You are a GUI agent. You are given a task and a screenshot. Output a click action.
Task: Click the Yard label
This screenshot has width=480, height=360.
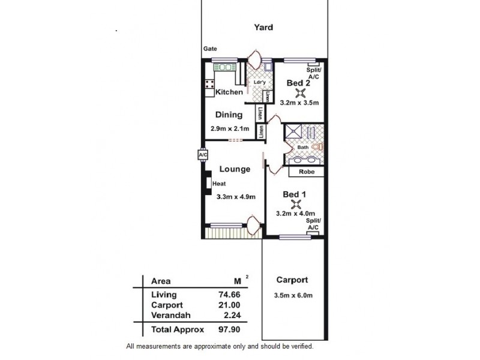263,27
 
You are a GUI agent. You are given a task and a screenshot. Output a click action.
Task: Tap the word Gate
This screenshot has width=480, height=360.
210,49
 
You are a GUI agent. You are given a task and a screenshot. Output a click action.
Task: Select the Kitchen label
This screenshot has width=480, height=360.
229,92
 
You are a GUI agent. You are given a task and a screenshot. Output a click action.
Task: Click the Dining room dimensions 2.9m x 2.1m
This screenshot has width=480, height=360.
228,128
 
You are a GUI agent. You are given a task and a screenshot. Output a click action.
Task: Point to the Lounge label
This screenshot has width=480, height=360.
234,169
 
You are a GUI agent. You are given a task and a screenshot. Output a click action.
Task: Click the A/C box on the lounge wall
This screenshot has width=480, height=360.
202,155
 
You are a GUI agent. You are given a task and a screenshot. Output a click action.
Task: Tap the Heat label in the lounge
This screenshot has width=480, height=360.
218,184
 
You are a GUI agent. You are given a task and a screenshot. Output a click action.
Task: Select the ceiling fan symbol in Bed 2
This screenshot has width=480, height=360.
301,92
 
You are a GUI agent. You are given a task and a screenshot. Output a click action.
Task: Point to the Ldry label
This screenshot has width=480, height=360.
260,83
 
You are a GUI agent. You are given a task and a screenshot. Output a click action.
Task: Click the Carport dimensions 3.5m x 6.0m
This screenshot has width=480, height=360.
292,295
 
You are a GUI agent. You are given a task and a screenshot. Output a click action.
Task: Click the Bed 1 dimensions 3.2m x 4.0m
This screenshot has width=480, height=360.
295,213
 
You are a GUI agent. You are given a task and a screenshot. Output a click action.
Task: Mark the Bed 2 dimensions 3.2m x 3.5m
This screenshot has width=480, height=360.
299,103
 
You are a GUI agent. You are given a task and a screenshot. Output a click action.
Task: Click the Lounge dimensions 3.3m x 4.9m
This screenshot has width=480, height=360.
236,197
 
